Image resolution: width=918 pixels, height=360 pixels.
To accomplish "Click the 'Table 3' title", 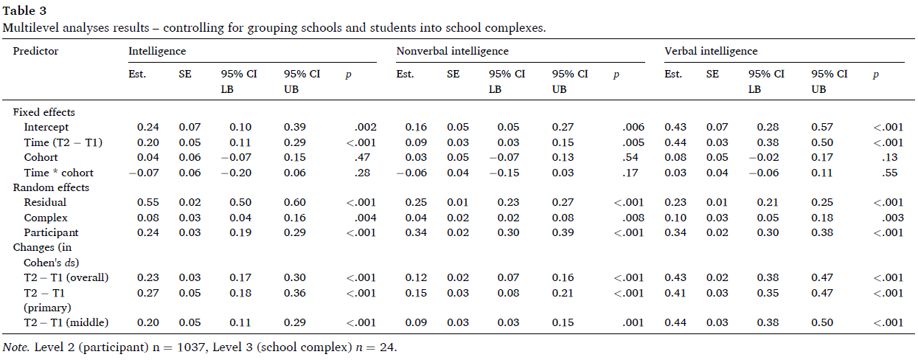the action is (24, 10).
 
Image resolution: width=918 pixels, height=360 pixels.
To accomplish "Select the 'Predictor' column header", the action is (35, 51).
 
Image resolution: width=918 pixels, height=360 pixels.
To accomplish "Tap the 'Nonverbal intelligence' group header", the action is (453, 51).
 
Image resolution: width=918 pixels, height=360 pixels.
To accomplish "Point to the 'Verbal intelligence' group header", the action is (711, 51).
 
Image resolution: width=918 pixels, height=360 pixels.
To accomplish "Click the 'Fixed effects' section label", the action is (44, 112).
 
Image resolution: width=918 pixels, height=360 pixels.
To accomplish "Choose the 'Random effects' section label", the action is (51, 187).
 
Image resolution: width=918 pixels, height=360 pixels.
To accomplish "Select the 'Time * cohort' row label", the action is (58, 173).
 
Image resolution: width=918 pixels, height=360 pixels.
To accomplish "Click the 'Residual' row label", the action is (45, 202).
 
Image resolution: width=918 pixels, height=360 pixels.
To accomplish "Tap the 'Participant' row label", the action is (51, 232).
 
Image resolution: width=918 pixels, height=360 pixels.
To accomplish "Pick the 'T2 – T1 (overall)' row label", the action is (66, 277).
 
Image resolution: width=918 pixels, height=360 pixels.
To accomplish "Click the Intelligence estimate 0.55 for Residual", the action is (148, 202).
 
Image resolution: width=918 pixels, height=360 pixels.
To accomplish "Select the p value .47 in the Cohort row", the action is (362, 157).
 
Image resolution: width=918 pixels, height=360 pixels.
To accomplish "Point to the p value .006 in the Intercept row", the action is (633, 127).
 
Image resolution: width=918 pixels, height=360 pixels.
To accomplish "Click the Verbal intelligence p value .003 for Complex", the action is (893, 218).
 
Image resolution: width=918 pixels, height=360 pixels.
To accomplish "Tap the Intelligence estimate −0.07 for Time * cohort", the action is (144, 173).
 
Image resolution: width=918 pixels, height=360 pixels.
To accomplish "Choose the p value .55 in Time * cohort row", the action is (890, 173).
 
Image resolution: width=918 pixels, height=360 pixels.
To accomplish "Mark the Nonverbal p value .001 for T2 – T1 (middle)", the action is (633, 322).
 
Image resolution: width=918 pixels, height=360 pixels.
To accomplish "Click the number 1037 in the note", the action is (191, 347).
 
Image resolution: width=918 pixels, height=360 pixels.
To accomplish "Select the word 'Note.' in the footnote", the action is (16, 347).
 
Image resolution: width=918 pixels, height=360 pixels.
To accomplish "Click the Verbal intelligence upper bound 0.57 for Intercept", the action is (822, 127).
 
